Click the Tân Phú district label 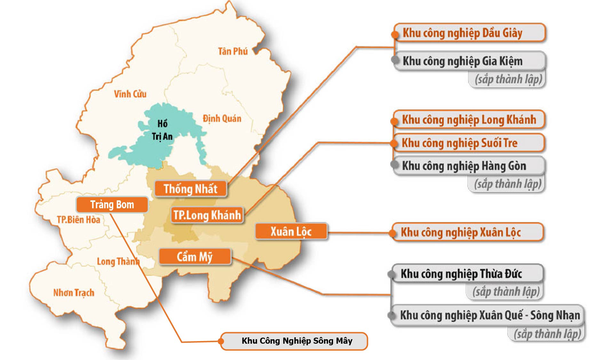pyautogui.click(x=233, y=51)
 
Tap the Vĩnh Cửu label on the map pyautogui.click(x=130, y=94)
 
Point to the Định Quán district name pyautogui.click(x=222, y=118)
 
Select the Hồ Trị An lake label pyautogui.click(x=162, y=130)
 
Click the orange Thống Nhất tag pyautogui.click(x=191, y=189)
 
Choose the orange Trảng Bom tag pyautogui.click(x=112, y=204)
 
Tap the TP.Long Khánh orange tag pyautogui.click(x=207, y=215)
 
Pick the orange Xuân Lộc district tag pyautogui.click(x=291, y=231)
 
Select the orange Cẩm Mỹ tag pyautogui.click(x=195, y=257)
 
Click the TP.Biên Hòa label pyautogui.click(x=78, y=220)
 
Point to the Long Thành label pyautogui.click(x=118, y=261)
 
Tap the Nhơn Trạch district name pyautogui.click(x=74, y=292)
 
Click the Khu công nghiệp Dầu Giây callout pyautogui.click(x=469, y=33)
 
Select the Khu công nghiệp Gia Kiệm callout pyautogui.click(x=469, y=61)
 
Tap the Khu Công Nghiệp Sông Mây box pyautogui.click(x=297, y=341)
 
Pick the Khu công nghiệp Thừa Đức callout pyautogui.click(x=467, y=274)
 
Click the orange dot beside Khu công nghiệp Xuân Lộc pyautogui.click(x=393, y=233)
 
